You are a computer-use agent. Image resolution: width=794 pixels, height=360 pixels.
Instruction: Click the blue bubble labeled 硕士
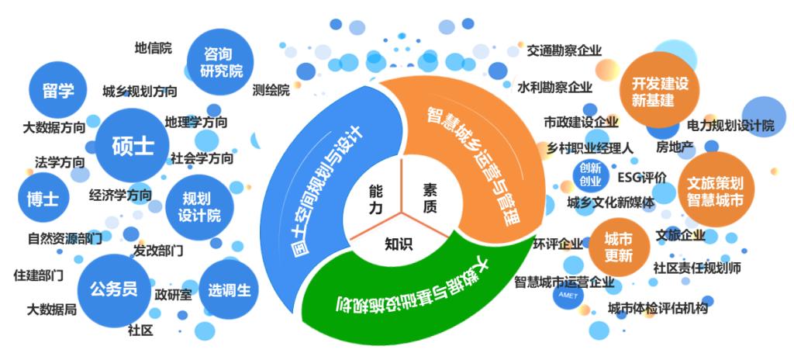[x=133, y=145]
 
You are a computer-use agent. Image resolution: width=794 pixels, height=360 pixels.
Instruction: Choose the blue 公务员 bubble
[x=113, y=289]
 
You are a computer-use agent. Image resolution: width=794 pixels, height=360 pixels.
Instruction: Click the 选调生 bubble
[x=229, y=290]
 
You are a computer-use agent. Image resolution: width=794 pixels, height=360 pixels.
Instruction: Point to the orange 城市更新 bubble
[x=619, y=245]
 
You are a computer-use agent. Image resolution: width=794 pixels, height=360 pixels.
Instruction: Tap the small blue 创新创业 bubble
[x=590, y=175]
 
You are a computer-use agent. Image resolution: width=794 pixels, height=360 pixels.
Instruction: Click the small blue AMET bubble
[x=567, y=296]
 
